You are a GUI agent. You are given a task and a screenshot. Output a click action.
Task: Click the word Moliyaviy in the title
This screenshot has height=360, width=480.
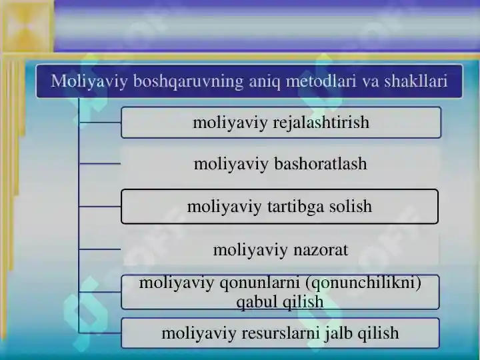89,82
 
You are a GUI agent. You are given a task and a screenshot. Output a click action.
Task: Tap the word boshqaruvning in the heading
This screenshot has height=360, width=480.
188,82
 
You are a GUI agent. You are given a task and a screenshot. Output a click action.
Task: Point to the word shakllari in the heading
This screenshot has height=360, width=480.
416,81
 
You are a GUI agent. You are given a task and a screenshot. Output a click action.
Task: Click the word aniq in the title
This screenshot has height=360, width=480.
265,82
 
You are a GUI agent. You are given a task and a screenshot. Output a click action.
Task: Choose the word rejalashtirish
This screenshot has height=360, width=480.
321,123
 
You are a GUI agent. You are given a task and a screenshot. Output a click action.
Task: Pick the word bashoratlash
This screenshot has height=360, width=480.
320,163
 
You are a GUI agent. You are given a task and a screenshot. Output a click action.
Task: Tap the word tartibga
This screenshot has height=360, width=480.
295,207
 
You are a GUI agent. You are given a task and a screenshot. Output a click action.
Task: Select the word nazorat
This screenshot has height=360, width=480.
321,250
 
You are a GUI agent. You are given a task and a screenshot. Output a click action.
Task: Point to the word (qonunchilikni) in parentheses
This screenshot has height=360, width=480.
363,283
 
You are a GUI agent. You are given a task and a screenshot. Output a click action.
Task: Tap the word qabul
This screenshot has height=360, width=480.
257,302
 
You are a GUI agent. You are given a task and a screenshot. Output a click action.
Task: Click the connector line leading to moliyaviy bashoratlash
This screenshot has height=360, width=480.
100,164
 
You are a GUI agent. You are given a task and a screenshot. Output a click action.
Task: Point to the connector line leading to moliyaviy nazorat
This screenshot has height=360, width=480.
100,249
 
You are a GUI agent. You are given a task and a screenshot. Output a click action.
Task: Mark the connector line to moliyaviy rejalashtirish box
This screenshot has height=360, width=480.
100,123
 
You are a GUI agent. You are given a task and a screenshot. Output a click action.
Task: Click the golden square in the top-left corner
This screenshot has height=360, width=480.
27,26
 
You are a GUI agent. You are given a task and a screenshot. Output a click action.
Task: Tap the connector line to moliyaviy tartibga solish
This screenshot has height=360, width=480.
100,207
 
